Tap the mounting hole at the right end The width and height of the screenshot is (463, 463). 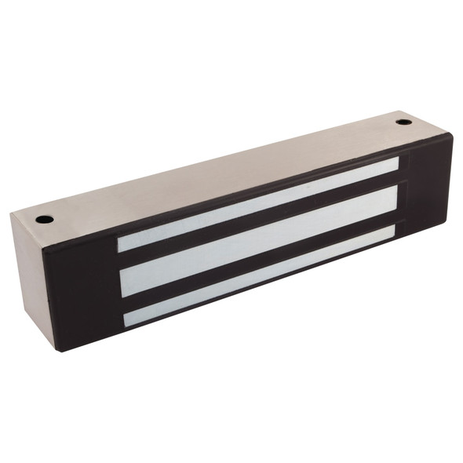(403, 122)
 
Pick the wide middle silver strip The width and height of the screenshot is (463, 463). (259, 240)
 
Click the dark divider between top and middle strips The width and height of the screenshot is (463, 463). (259, 221)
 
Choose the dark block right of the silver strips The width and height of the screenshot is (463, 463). (428, 188)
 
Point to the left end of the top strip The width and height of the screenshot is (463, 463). (121, 243)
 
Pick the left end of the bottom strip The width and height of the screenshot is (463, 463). (128, 319)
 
